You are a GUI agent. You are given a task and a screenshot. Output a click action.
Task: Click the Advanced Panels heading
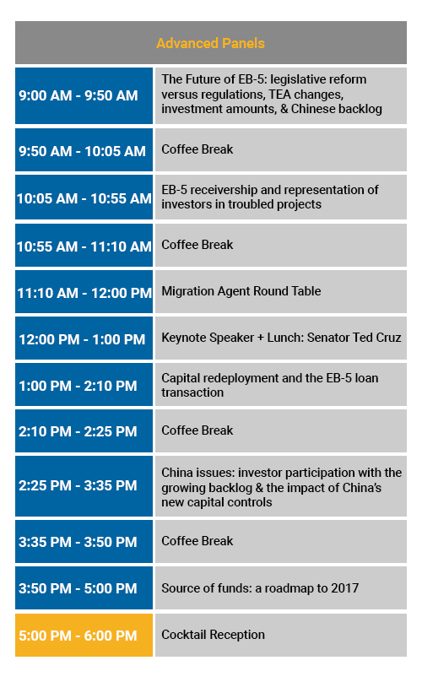pyautogui.click(x=210, y=43)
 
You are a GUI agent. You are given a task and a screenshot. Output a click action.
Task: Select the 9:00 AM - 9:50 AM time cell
pyautogui.click(x=84, y=95)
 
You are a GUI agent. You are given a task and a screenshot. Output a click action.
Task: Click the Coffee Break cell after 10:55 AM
pyautogui.click(x=281, y=246)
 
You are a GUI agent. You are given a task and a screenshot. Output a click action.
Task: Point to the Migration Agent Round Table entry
pyautogui.click(x=241, y=291)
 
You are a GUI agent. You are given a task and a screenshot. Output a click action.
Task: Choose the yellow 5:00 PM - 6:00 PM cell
pyautogui.click(x=84, y=635)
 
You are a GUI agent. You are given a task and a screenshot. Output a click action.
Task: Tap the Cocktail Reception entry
pyautogui.click(x=214, y=635)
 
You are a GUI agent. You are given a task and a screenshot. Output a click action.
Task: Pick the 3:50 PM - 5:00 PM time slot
pyautogui.click(x=84, y=588)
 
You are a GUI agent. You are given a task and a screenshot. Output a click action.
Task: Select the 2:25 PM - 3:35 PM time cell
pyautogui.click(x=84, y=486)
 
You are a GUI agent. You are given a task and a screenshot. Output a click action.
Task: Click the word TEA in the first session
pyautogui.click(x=279, y=95)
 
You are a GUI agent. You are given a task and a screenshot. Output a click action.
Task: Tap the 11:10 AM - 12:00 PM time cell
pyautogui.click(x=84, y=292)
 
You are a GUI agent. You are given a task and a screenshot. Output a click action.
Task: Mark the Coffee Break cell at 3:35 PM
pyautogui.click(x=281, y=542)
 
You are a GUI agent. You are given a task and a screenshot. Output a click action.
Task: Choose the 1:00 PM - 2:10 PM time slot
pyautogui.click(x=84, y=385)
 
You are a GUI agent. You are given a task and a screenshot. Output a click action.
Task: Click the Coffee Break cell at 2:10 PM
pyautogui.click(x=281, y=431)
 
